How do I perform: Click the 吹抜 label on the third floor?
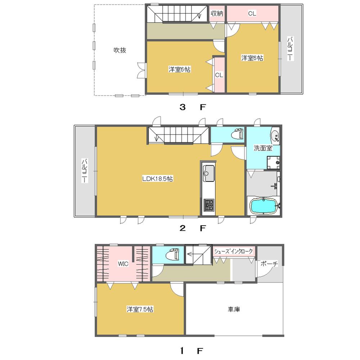tap(120, 51)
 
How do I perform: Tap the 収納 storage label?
tap(216, 14)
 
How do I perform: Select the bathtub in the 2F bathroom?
tap(264, 207)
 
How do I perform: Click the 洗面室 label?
tap(263, 148)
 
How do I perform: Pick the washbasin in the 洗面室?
tap(275, 136)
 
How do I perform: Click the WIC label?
tap(123, 264)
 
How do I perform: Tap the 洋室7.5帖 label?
tap(140, 309)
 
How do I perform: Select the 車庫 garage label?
tap(234, 309)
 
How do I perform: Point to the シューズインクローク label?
tap(234, 251)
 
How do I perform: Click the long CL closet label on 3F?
tap(252, 14)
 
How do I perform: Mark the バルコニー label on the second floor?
tap(84, 171)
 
